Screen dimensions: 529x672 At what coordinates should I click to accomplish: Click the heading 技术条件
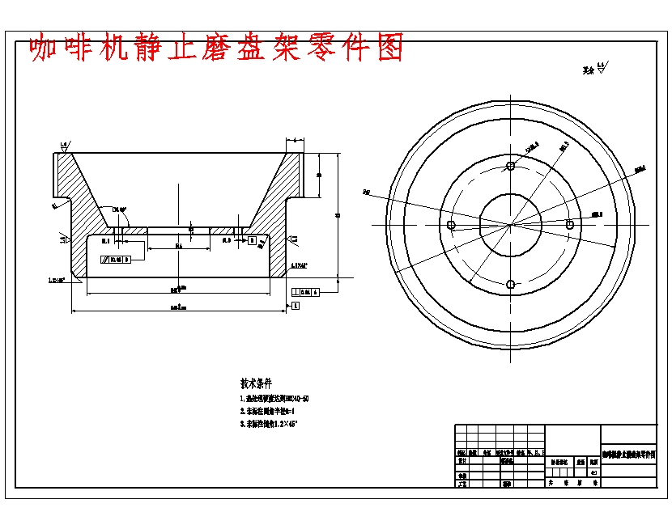257,383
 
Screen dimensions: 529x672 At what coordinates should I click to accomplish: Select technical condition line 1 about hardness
275,398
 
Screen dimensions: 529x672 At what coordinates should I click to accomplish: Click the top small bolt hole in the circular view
510,166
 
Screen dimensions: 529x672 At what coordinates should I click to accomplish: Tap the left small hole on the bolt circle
452,225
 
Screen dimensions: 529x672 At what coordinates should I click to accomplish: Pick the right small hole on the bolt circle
570,224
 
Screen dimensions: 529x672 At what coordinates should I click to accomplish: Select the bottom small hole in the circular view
510,284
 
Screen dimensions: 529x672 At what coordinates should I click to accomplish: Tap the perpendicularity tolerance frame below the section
304,291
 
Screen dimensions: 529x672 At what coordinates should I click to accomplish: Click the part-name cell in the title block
628,455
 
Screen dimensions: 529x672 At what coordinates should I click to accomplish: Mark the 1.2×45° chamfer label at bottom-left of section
57,281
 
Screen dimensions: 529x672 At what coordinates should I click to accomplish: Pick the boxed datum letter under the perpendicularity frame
296,305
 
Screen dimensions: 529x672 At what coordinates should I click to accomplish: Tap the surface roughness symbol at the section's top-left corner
63,146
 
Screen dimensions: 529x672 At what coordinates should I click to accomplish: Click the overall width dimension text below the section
179,307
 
